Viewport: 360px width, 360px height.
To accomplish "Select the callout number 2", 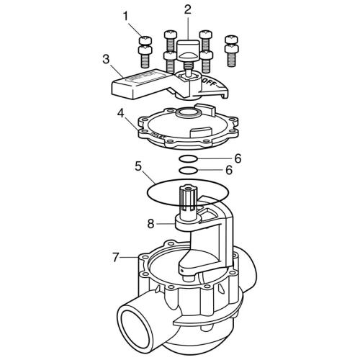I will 187,9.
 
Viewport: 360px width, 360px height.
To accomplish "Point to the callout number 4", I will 121,112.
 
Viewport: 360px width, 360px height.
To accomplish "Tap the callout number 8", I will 150,224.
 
